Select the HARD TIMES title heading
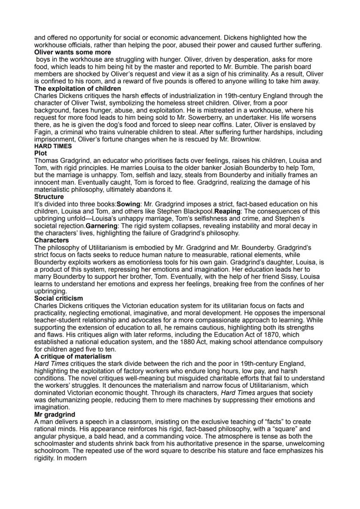point(53,146)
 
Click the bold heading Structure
point(49,197)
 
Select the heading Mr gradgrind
point(54,415)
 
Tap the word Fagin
point(43,132)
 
